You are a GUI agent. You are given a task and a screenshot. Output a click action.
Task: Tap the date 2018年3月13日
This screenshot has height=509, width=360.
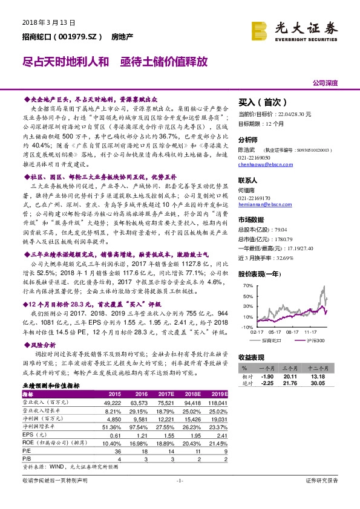tap(48, 22)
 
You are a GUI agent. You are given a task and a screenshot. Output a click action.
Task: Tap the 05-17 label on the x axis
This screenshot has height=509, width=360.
tap(275, 332)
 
